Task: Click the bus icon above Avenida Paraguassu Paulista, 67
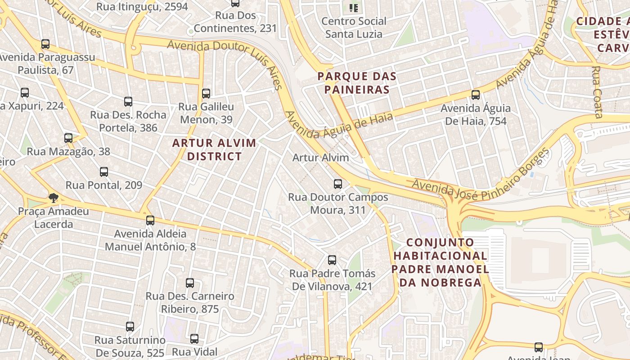pos(45,44)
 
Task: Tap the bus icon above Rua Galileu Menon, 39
pos(206,94)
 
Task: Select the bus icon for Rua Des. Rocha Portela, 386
pos(128,102)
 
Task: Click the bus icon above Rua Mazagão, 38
pos(68,138)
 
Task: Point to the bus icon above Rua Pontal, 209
pos(104,172)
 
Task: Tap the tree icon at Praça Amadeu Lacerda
pos(54,198)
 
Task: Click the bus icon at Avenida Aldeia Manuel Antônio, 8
pos(150,220)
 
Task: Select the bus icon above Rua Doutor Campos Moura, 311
pos(338,184)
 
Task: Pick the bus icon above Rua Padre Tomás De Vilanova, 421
pos(332,260)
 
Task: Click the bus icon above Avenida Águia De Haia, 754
pos(476,95)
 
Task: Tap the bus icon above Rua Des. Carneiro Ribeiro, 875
pos(190,283)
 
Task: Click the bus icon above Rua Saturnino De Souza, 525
pos(130,327)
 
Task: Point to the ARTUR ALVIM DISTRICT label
pos(215,150)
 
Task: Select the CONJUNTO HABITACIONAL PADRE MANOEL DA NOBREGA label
pos(440,262)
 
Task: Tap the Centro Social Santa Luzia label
pos(354,27)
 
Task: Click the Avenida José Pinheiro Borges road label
pos(481,175)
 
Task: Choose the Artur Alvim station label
pos(320,157)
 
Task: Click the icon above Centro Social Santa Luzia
pos(354,8)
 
